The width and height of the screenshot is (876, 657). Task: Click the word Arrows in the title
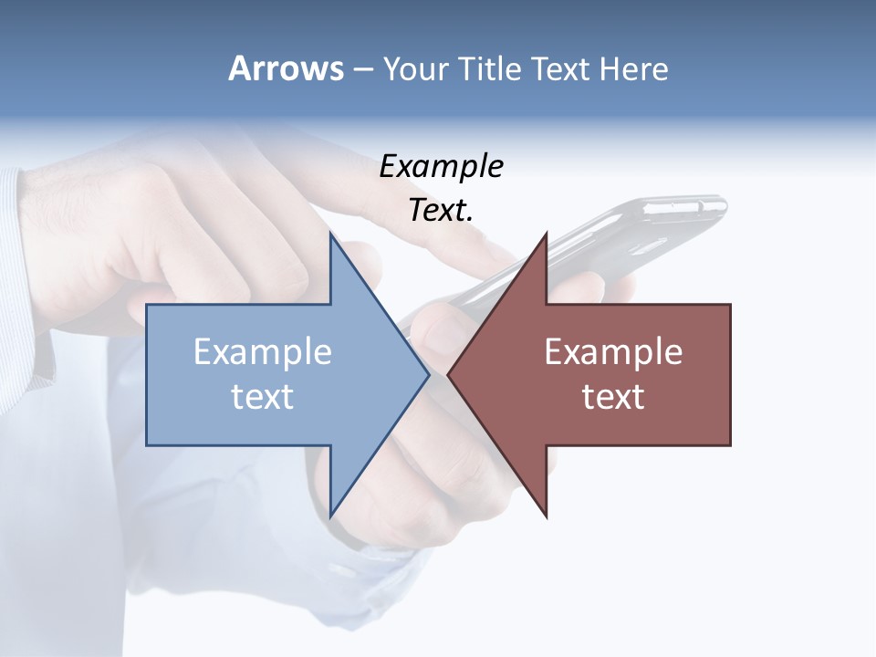coord(286,68)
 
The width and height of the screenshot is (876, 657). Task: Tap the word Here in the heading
coord(633,68)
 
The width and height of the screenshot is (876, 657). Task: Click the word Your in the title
coord(415,68)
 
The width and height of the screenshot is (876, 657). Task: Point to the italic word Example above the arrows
coord(442,166)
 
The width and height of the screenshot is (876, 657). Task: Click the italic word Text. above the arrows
coord(442,210)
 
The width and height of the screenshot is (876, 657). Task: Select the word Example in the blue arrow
coord(263,352)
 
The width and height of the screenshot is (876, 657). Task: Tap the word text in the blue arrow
coord(263,397)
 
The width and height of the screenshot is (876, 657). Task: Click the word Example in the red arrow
coord(613,352)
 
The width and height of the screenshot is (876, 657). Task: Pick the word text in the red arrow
coord(613,397)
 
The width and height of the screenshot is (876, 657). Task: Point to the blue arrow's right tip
coord(429,374)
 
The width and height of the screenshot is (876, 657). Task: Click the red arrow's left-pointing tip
coord(448,374)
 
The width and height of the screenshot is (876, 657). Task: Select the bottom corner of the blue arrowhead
coord(330,516)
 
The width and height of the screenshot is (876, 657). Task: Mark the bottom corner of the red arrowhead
coord(546,516)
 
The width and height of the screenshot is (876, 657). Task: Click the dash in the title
coord(362,69)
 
